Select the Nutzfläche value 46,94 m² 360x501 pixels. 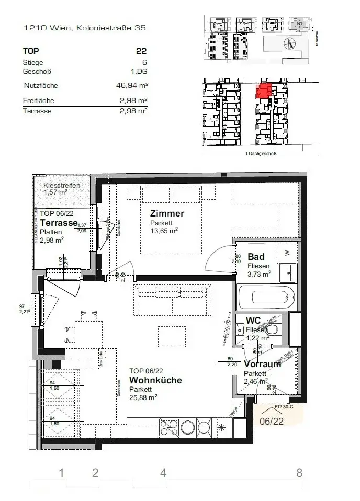tap(131, 85)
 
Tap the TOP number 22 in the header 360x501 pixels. tap(141, 51)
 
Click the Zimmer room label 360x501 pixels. tap(166, 213)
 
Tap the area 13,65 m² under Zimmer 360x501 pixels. tap(164, 230)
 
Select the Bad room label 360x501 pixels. tap(256, 257)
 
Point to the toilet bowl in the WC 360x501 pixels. tap(272, 330)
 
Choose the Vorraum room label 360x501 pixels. tap(262, 365)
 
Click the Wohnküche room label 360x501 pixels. tap(155, 380)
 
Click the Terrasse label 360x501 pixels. tap(59, 222)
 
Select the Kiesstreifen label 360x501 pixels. tap(62, 185)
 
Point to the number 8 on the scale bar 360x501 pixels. tap(299, 473)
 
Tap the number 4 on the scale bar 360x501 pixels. tap(163, 473)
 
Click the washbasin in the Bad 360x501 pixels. tap(288, 271)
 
